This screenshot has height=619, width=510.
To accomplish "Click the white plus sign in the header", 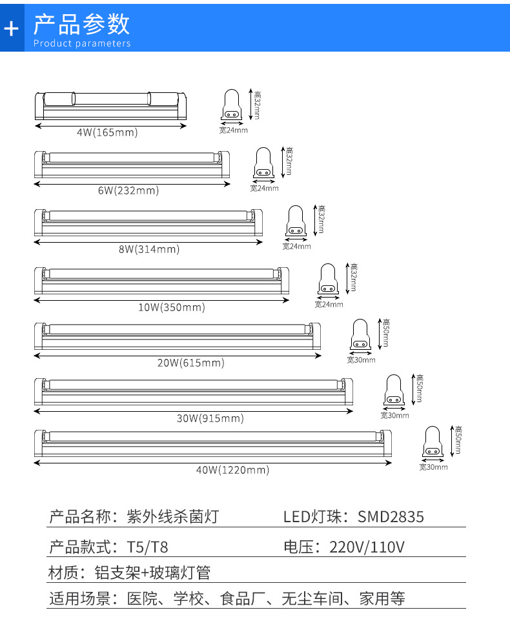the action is pos(12,28).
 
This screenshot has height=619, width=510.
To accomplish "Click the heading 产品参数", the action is pos(81,24).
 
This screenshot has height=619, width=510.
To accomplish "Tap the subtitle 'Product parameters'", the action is pos(81,44).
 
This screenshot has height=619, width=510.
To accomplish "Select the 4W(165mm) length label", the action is pos(107,132).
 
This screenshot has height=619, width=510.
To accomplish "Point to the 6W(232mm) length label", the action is pos(128,190).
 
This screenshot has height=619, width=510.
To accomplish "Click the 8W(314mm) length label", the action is pos(148,249).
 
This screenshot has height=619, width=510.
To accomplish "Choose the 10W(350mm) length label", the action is pos(171,307).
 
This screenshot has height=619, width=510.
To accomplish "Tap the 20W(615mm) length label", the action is pos(191,363).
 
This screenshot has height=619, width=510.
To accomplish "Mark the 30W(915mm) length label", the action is pos(210,418).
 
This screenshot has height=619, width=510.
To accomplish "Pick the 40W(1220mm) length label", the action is pos(232,470).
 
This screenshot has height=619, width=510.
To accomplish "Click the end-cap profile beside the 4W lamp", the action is pos(232,105).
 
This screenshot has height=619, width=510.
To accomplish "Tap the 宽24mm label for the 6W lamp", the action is pos(264,188).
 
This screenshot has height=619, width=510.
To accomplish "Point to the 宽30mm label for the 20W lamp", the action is pos(361,360).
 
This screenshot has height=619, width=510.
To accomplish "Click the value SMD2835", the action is pos(391,516).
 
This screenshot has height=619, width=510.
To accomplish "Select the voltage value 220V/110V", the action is pos(367,548).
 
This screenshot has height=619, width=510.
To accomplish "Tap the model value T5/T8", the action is pos(148,548).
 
